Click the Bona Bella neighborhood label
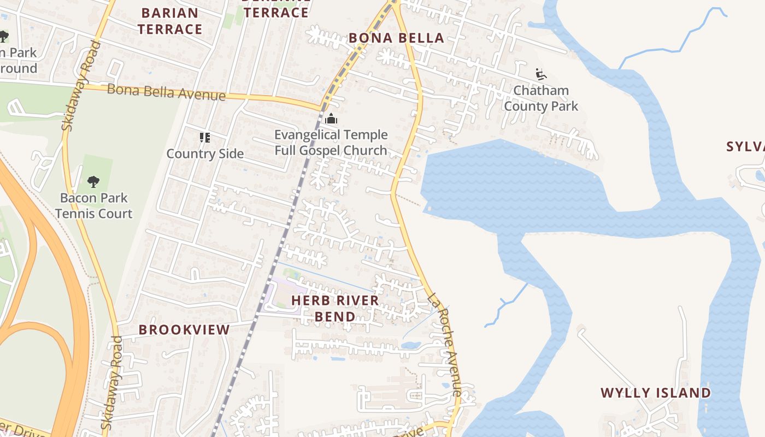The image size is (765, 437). click(x=396, y=38)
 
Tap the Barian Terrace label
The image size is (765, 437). click(x=170, y=21)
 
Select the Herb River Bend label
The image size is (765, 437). click(x=335, y=308)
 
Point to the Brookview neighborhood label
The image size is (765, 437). click(x=184, y=329)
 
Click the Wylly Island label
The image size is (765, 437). click(x=656, y=393)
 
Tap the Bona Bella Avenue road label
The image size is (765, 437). click(x=166, y=92)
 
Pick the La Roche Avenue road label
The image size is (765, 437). click(x=445, y=344)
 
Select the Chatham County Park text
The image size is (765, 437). click(x=540, y=98)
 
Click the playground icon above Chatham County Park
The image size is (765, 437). click(x=541, y=74)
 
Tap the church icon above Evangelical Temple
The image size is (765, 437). click(x=331, y=119)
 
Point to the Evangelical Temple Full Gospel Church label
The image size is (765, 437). click(x=331, y=142)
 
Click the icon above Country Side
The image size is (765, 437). click(x=205, y=137)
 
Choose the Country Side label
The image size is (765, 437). click(x=205, y=153)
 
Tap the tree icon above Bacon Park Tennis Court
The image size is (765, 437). click(x=93, y=182)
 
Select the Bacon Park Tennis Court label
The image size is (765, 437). click(x=93, y=205)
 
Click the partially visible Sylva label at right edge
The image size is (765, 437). click(x=745, y=146)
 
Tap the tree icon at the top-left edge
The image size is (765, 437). click(x=3, y=37)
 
